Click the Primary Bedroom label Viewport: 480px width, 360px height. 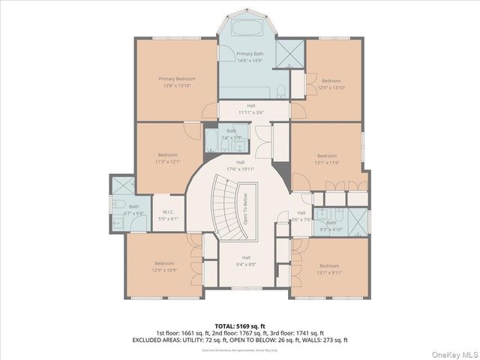click(177, 79)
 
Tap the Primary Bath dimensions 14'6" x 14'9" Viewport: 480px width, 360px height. click(250, 61)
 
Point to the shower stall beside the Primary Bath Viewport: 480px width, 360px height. click(289, 52)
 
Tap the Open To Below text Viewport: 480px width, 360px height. click(246, 210)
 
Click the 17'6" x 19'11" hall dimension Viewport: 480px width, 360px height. click(240, 169)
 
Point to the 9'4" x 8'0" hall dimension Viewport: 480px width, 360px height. click(245, 264)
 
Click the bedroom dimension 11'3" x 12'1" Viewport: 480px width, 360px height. click(167, 161)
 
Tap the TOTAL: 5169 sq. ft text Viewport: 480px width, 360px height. click(240, 326)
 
